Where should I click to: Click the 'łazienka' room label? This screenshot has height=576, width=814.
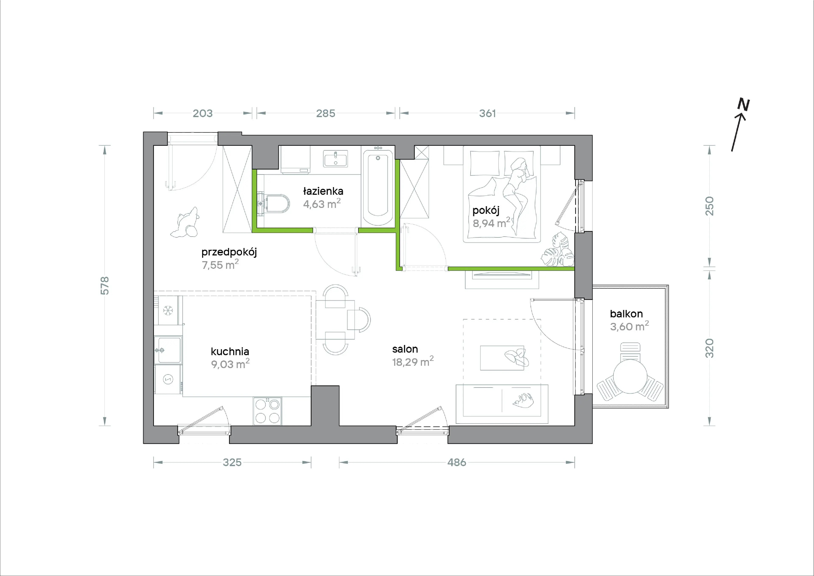coord(323,191)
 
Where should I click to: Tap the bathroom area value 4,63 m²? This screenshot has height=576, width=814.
coord(322,204)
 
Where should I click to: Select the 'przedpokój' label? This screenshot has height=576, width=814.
coord(229,252)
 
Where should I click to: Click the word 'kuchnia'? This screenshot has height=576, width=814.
coord(230,352)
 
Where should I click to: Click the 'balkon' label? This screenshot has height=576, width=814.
coord(626,314)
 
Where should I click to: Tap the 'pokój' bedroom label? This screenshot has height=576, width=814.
coord(486,210)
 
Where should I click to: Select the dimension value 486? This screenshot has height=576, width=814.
coord(457,462)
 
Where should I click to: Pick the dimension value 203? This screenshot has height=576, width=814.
coord(202,113)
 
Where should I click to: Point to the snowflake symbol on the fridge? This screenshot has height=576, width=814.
coord(168,311)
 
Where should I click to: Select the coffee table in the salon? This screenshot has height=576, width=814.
coord(502,358)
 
